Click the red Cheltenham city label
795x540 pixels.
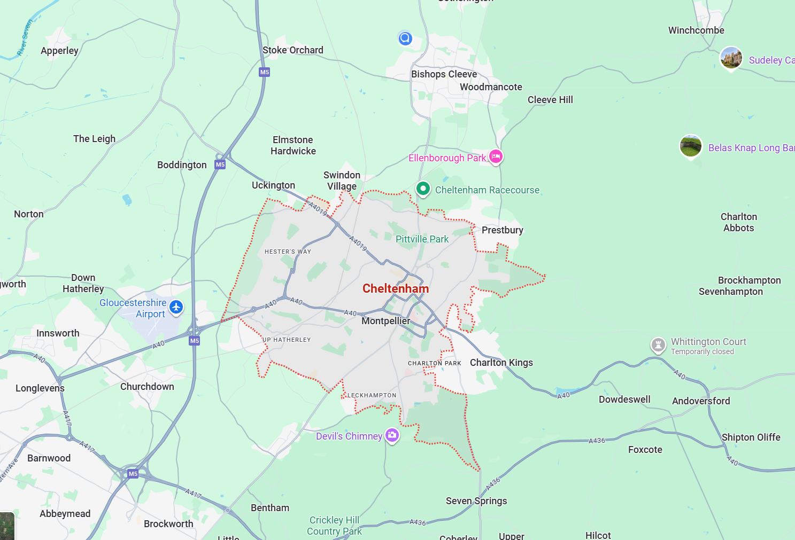coord(396,288)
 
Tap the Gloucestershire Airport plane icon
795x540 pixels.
coord(176,307)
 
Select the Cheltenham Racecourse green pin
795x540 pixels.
coord(423,189)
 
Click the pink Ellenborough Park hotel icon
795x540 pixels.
coord(496,156)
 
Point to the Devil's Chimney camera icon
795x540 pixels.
coord(392,435)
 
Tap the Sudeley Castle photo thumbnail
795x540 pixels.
coord(731,58)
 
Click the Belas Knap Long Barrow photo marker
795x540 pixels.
coord(690,145)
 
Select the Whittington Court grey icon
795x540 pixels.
coord(658,345)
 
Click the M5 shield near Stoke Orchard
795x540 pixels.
coord(264,72)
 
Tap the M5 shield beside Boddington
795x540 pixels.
coord(220,165)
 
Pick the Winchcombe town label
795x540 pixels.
coord(696,30)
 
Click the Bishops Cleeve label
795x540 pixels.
coord(444,74)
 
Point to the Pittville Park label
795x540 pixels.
coord(422,239)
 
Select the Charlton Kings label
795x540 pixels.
coord(501,363)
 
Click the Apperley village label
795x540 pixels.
coord(59,51)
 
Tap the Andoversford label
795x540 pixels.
coord(701,401)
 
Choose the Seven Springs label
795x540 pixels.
coord(476,501)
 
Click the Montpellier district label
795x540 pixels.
coord(385,321)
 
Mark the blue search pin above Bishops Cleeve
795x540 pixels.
coord(405,38)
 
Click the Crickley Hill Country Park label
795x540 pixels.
coord(334,526)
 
